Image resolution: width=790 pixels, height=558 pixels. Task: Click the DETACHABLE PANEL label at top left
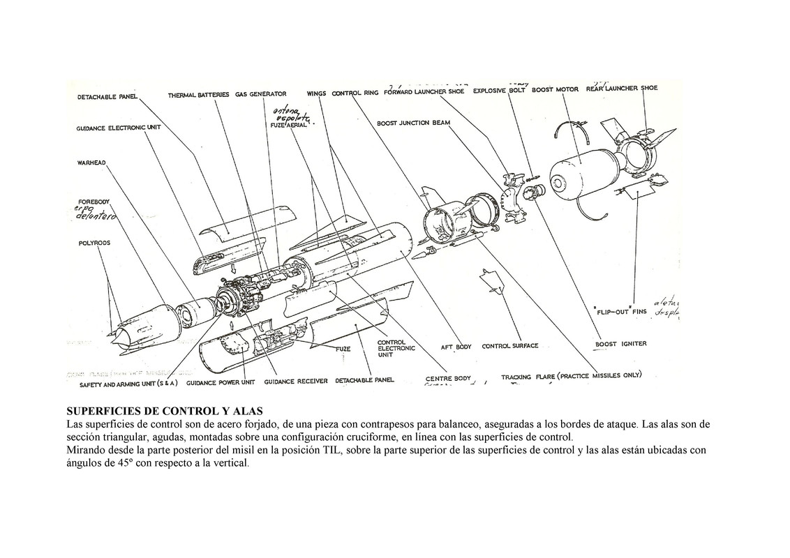pyautogui.click(x=107, y=97)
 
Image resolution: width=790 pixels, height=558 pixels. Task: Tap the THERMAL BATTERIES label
pyautogui.click(x=198, y=95)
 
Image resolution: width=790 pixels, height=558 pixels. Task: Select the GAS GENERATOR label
pyautogui.click(x=260, y=94)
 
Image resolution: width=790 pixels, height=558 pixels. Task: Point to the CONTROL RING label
pyautogui.click(x=355, y=93)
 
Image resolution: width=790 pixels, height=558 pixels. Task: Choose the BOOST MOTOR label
pyautogui.click(x=555, y=90)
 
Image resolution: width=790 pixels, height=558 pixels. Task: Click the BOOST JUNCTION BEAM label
pyautogui.click(x=413, y=123)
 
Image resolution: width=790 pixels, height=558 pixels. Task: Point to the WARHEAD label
pyautogui.click(x=91, y=163)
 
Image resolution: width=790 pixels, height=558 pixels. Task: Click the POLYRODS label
pyautogui.click(x=94, y=244)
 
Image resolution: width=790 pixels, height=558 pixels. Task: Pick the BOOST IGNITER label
pyautogui.click(x=620, y=343)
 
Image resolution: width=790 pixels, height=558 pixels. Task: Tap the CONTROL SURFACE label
pyautogui.click(x=510, y=346)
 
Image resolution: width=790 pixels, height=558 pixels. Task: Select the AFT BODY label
pyautogui.click(x=456, y=347)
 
